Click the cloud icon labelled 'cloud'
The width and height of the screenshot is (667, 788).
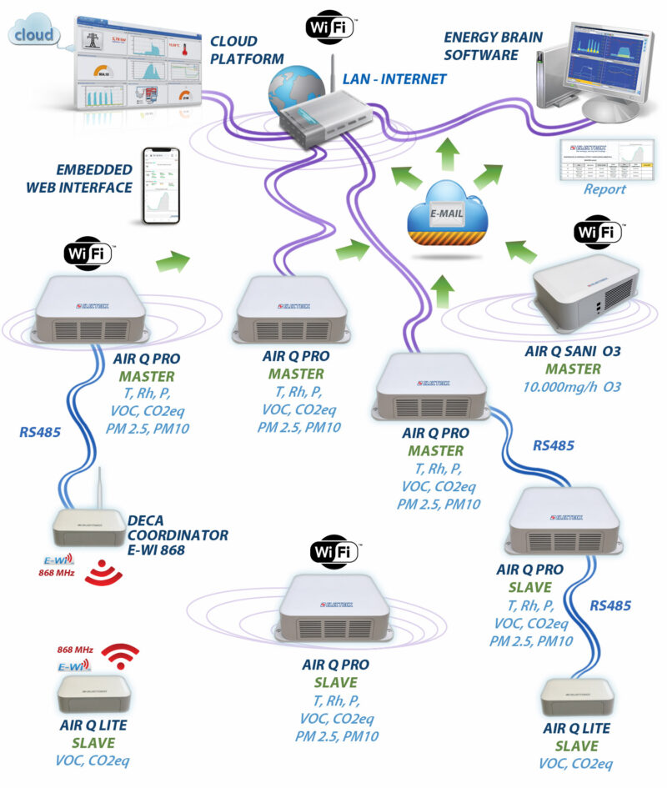[34, 34]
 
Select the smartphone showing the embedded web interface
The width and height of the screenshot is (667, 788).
[162, 186]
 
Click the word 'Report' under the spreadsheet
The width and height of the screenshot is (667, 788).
[604, 189]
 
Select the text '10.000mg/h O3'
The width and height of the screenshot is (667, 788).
[573, 387]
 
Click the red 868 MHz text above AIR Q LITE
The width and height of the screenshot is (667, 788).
[74, 650]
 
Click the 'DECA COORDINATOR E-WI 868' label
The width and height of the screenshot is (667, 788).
[178, 535]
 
